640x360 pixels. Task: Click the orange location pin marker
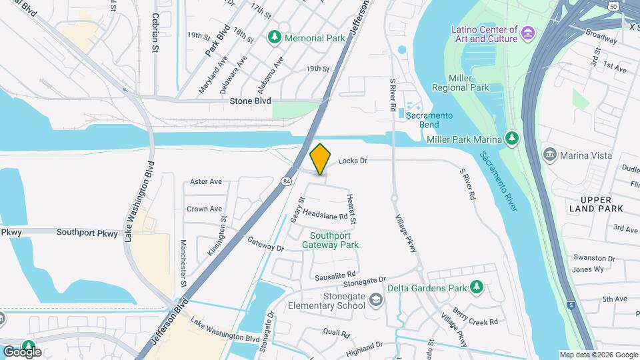click(321, 159)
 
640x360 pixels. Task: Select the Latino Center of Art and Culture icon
click(527, 33)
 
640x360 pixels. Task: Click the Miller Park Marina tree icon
click(511, 137)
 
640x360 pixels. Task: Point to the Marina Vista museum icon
click(550, 155)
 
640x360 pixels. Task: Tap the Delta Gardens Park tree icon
click(476, 287)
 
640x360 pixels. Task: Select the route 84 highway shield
click(286, 181)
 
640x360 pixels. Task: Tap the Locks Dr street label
click(353, 161)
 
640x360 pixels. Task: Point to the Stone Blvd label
click(250, 101)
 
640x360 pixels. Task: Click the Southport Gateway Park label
click(330, 240)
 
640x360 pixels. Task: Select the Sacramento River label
click(497, 181)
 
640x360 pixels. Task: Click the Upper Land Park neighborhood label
click(600, 205)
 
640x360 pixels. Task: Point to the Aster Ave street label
click(205, 181)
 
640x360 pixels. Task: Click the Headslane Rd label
click(325, 215)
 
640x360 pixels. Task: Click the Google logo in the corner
click(22, 351)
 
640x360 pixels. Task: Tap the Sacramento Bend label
click(429, 120)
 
